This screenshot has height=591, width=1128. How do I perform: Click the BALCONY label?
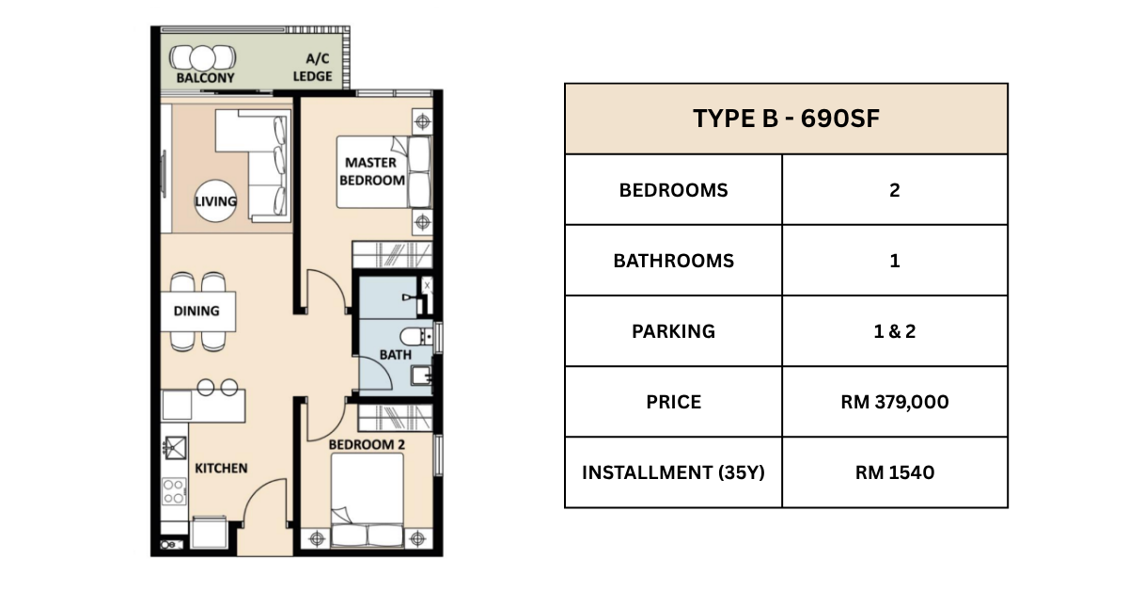click(206, 78)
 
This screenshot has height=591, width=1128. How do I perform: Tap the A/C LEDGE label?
click(313, 67)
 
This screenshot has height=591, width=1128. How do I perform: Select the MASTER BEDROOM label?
click(371, 171)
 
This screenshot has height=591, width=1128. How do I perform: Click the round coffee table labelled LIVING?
click(215, 200)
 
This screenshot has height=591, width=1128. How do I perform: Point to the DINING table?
click(198, 311)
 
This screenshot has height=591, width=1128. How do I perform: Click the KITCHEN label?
click(221, 469)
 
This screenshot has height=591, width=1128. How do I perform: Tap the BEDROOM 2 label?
click(367, 445)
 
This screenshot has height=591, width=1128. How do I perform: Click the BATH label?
click(396, 355)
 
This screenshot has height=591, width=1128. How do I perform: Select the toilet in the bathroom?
click(415, 336)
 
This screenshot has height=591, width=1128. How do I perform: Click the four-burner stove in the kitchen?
click(174, 491)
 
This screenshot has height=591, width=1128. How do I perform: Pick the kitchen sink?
click(174, 448)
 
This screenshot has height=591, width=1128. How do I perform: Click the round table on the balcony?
click(202, 58)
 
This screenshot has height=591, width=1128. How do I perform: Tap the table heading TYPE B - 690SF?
click(786, 119)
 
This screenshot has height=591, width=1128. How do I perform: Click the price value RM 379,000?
click(894, 402)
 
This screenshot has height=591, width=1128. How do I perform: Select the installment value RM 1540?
click(894, 472)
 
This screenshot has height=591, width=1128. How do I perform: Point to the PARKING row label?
click(673, 331)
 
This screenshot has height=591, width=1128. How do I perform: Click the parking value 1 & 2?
click(894, 331)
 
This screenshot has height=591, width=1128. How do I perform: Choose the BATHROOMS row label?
click(673, 261)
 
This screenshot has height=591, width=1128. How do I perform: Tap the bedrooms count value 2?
click(894, 190)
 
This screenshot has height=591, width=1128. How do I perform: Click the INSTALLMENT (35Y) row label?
click(673, 472)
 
